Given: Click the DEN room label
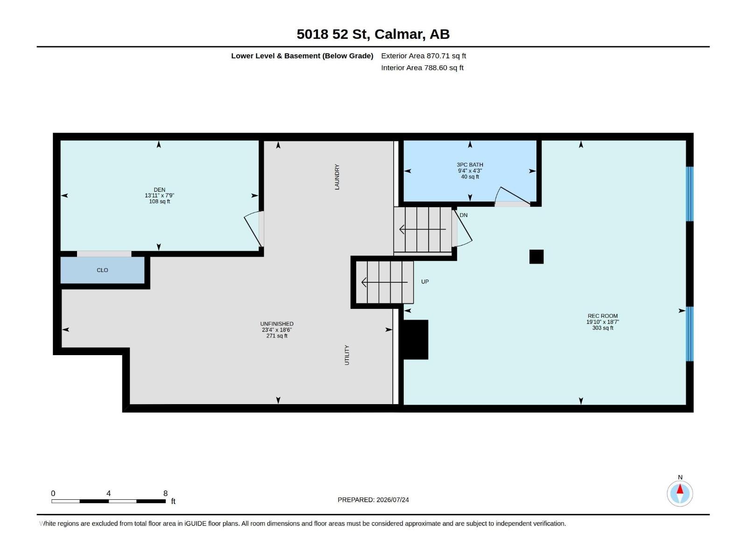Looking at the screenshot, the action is [159, 190].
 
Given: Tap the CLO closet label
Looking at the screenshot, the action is [102, 270].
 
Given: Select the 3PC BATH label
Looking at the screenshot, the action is [470, 165].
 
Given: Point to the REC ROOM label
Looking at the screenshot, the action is [602, 316].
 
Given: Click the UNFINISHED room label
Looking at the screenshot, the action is [277, 324].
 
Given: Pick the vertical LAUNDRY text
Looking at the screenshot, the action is [337, 177].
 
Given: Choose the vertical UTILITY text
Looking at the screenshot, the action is [347, 355].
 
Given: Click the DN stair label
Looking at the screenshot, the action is [464, 215].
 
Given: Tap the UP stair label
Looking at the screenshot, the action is [425, 281].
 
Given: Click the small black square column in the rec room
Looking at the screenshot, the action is [536, 257].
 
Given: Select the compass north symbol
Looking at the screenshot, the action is [680, 493].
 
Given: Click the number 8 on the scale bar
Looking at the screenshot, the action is [165, 493].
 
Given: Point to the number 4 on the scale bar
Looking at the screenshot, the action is [109, 493].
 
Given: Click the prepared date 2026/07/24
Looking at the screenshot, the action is [392, 500].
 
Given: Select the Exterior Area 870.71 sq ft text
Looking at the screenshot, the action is [423, 56].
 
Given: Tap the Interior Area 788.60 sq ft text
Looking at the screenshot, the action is [422, 68].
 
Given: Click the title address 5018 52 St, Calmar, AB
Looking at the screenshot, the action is [373, 34].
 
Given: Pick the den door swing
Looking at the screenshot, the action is [253, 229].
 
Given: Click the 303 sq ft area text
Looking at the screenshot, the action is [602, 328].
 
